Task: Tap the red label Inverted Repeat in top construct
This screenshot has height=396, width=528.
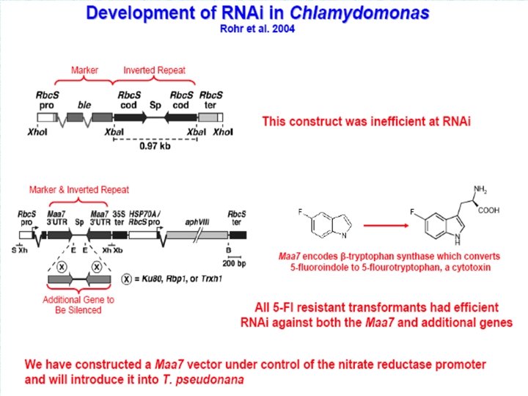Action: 154,70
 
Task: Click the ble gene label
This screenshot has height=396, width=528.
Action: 84,105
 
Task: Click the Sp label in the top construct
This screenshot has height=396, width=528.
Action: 155,105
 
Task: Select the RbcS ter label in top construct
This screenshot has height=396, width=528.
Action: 212,100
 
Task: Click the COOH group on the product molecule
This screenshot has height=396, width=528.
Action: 489,210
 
